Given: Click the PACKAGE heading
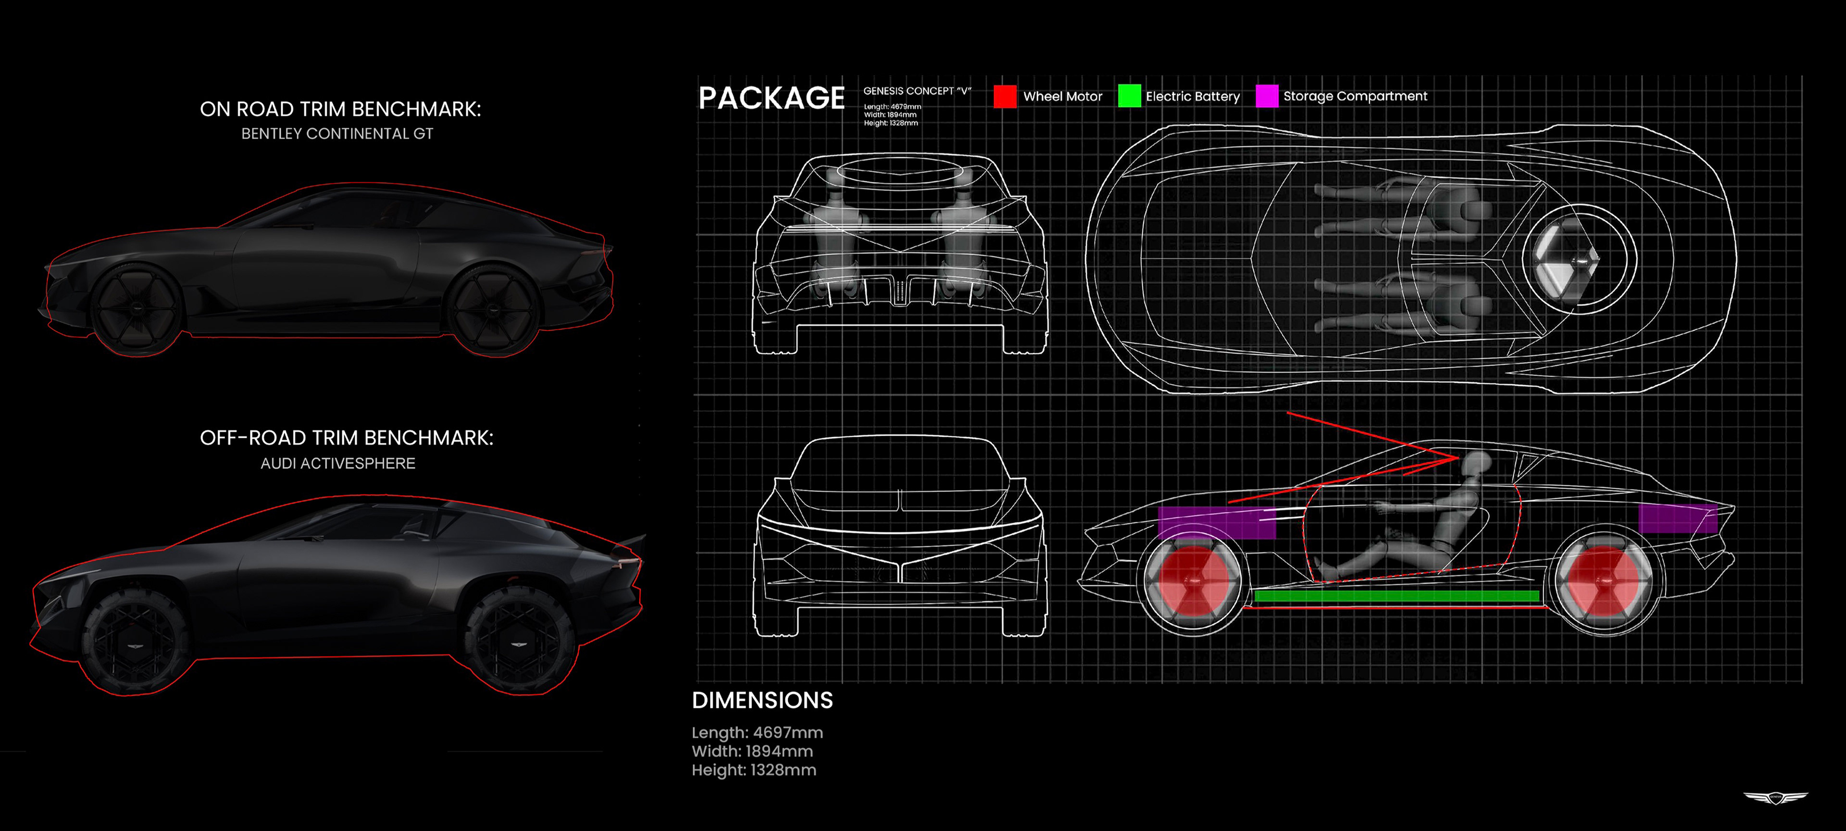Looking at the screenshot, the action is click(x=771, y=98).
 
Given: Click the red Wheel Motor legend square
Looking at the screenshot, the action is click(x=1005, y=96).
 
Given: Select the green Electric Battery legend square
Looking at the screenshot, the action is click(x=1129, y=96).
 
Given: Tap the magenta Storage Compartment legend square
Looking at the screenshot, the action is click(x=1267, y=96).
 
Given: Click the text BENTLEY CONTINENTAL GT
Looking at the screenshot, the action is click(x=337, y=134).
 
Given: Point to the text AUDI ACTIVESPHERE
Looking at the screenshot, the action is click(x=337, y=463).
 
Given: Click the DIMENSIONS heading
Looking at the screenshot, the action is click(x=762, y=701).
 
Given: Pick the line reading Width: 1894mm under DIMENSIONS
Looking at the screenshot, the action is click(x=752, y=752).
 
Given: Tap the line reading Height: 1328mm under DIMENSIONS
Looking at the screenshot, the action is click(x=754, y=770).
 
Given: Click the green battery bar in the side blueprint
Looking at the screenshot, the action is click(x=1397, y=596).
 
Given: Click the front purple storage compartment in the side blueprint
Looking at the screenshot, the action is click(x=1217, y=523).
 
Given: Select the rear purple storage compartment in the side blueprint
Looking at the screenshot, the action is click(x=1678, y=518).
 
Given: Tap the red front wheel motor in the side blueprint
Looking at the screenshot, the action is click(x=1192, y=581).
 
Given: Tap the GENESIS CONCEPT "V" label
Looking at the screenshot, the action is click(x=917, y=91).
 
